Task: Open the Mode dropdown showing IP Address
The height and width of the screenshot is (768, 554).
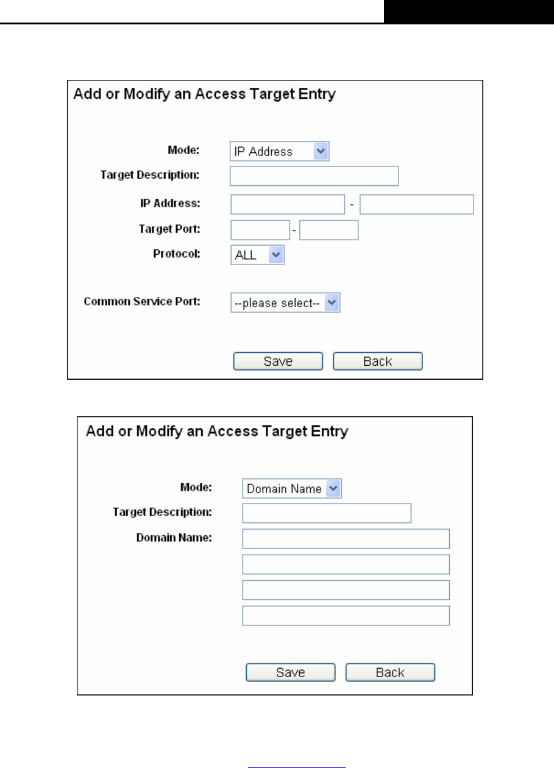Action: coord(279,151)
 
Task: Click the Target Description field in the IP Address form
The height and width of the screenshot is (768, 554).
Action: coord(314,176)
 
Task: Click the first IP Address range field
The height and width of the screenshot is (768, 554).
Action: coord(288,204)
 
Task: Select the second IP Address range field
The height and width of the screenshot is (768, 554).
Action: coord(416,204)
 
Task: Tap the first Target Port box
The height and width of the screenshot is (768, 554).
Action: coord(260,230)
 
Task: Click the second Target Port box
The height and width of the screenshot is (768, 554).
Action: coord(328,230)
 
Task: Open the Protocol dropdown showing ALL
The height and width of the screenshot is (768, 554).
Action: coord(257,255)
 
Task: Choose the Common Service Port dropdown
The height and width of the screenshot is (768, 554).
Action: coord(285,302)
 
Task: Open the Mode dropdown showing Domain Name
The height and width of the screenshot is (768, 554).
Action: coord(292,488)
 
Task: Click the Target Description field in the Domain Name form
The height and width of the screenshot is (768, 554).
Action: coord(327,513)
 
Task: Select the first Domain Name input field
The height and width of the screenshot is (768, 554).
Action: coord(346,539)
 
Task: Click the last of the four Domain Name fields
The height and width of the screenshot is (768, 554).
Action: coord(346,616)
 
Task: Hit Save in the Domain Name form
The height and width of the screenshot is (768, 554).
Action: coord(290,672)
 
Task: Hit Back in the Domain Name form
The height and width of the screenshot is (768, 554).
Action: coord(390,672)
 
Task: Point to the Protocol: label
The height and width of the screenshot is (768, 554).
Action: coord(177,254)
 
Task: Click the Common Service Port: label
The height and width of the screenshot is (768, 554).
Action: coord(142,301)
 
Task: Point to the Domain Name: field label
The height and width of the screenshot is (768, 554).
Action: coord(174,538)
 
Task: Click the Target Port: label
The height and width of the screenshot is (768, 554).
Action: coord(169,229)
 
